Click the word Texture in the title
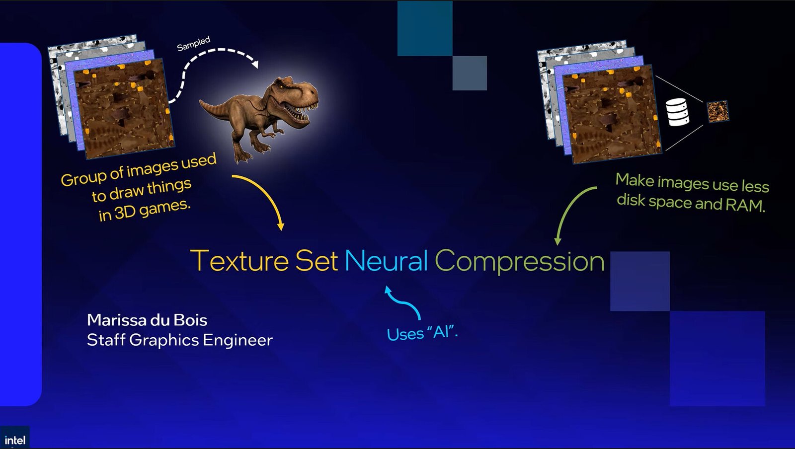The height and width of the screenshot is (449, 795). click(x=239, y=260)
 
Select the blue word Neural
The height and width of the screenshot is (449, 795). click(x=386, y=261)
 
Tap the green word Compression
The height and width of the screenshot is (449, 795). click(x=520, y=261)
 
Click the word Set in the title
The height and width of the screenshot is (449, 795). click(x=317, y=260)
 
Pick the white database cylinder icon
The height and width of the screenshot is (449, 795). click(x=677, y=112)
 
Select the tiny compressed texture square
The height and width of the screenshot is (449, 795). click(x=718, y=111)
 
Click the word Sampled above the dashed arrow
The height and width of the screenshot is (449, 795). click(x=193, y=44)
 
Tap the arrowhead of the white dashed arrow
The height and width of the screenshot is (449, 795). click(x=255, y=64)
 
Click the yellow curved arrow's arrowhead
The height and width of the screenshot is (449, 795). click(x=281, y=226)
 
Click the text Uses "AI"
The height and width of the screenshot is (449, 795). click(x=422, y=333)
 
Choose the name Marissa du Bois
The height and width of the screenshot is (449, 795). click(x=147, y=320)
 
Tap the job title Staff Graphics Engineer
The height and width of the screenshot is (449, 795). click(x=179, y=340)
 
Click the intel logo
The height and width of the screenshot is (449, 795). click(x=15, y=440)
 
